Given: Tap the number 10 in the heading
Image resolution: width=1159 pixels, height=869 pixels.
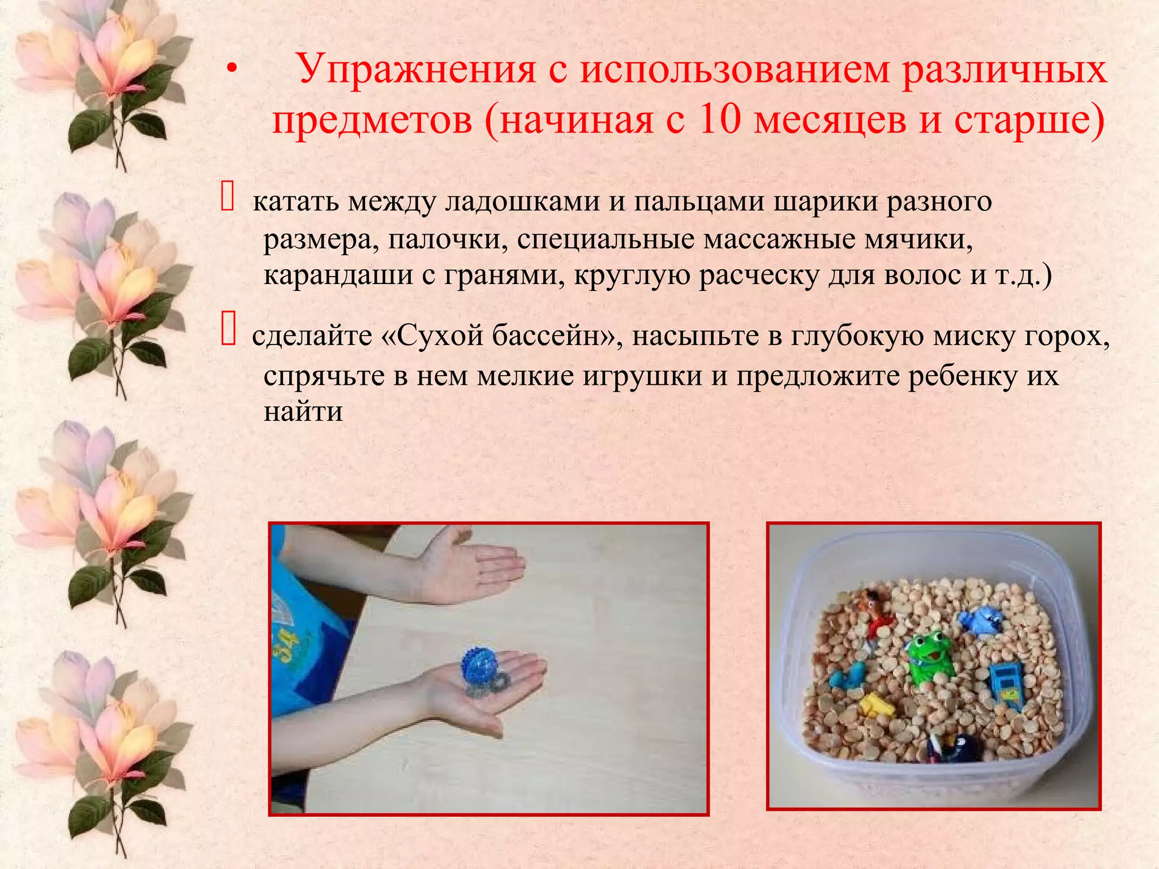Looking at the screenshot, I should click(x=719, y=121).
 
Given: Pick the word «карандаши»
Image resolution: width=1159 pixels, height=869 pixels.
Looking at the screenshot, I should click(x=338, y=276).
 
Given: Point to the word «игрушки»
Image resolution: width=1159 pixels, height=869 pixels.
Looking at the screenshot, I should click(x=642, y=376).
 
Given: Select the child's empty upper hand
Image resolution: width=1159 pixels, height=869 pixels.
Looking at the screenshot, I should click(x=475, y=569).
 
